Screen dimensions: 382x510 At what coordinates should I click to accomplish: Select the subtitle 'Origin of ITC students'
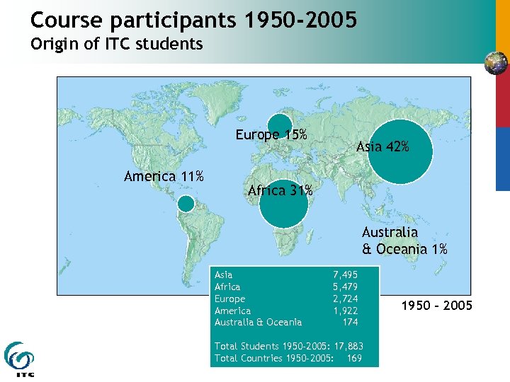[117, 44]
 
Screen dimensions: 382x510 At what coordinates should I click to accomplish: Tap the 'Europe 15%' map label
[271, 135]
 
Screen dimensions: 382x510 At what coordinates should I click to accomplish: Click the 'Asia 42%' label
[382, 147]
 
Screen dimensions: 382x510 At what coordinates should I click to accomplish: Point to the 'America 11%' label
[164, 176]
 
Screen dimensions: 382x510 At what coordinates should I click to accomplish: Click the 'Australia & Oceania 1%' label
[404, 241]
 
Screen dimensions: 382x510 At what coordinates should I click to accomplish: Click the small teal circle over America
[186, 204]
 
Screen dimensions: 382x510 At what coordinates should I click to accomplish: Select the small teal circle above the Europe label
[280, 124]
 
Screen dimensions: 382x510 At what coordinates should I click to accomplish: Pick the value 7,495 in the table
[345, 274]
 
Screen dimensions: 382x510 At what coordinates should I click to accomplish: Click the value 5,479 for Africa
[345, 286]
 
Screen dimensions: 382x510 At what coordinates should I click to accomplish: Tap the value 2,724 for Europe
[345, 299]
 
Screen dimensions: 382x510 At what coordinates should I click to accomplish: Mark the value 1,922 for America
[345, 311]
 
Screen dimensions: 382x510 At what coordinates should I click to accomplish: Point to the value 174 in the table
[350, 323]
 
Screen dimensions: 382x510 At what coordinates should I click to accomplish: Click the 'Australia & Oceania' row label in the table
[258, 323]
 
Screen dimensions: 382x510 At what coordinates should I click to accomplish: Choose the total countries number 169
[354, 358]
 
